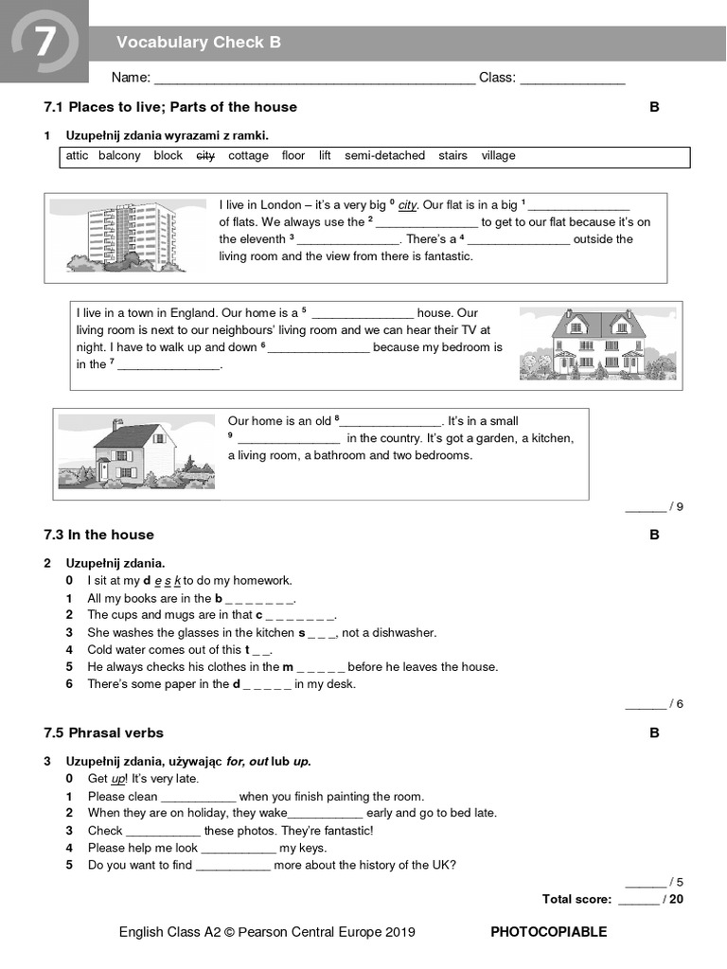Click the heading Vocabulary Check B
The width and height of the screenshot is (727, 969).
click(198, 43)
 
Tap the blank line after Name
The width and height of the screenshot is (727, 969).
click(314, 79)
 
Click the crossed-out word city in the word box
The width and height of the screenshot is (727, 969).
click(205, 156)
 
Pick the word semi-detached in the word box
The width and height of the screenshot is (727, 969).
click(384, 156)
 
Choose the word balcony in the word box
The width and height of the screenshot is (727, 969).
click(119, 156)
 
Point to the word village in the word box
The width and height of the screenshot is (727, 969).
click(499, 156)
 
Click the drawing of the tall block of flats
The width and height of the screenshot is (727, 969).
click(127, 233)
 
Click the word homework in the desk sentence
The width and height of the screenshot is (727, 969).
click(259, 581)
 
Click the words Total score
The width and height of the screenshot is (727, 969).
click(576, 899)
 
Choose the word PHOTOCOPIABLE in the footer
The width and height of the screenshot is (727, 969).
click(548, 932)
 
